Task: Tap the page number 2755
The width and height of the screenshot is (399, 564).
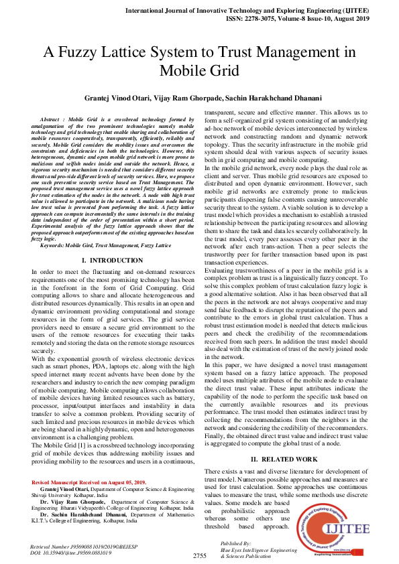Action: tap(199, 555)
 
